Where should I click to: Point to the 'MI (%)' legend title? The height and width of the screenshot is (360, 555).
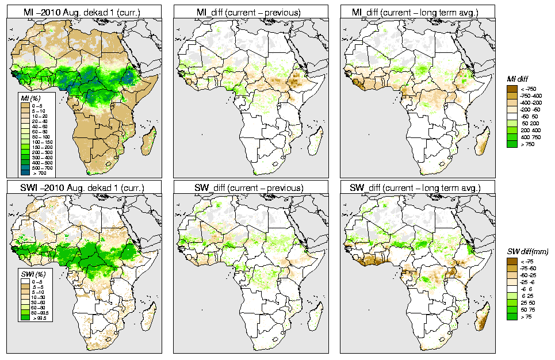(29, 99)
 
